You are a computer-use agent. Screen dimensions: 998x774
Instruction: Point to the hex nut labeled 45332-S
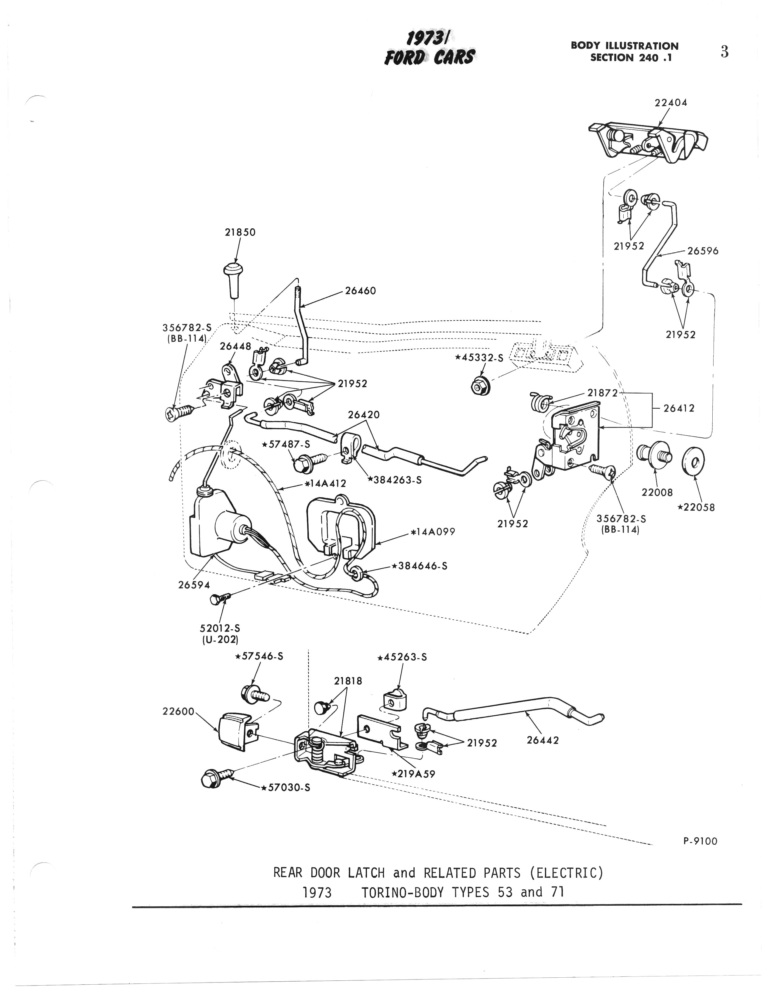coord(480,387)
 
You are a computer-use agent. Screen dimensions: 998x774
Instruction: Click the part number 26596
coord(703,251)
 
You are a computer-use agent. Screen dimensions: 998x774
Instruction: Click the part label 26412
coord(679,408)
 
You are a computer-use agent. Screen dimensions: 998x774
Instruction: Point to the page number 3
coord(724,52)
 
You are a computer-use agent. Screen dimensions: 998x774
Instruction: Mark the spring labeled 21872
coord(539,402)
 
